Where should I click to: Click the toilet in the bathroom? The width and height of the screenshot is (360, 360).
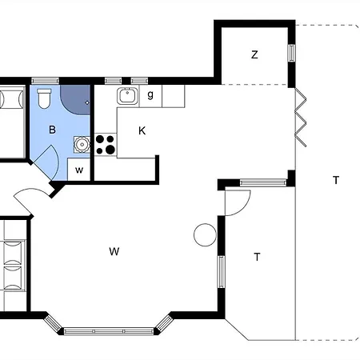44,98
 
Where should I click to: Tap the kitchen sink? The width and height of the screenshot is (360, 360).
127,96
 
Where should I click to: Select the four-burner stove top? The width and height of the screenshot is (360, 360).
106,145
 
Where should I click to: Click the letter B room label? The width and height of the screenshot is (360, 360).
52,130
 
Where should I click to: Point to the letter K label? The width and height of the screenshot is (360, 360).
142,131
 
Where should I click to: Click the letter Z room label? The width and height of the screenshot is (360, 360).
254,54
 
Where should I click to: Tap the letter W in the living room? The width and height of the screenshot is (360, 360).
114,251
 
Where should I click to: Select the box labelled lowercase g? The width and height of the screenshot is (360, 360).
150,96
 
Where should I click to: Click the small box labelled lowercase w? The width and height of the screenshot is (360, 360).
79,170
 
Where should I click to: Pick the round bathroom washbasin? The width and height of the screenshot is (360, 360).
82,145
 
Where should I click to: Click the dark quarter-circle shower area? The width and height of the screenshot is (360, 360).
75,100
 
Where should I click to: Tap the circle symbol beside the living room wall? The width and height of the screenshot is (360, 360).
205,235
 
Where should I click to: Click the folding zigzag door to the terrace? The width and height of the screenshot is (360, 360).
301,118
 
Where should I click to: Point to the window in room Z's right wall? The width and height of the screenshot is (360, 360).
292,53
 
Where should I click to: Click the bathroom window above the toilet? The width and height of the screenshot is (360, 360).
45,81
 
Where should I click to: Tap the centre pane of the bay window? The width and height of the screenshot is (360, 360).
109,331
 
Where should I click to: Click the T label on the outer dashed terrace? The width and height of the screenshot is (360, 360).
336,180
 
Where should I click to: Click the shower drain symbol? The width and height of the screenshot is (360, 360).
87,102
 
